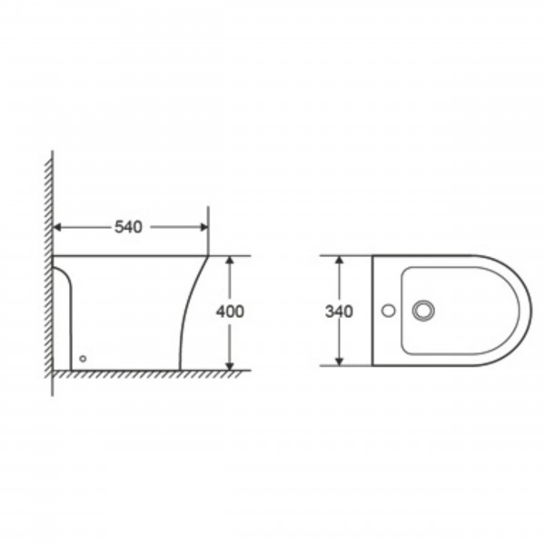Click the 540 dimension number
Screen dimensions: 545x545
click(128, 227)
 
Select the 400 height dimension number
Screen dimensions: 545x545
click(230, 312)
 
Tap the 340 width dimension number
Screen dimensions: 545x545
click(339, 312)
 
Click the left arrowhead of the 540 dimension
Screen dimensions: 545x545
click(57, 227)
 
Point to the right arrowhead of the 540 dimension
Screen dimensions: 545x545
click(204, 227)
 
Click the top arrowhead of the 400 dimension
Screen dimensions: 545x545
click(230, 261)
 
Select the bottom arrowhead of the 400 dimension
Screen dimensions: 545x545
click(230, 366)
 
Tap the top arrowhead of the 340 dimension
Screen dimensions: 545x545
click(340, 261)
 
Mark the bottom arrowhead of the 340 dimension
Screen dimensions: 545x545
click(340, 362)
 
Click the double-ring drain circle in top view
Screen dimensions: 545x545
click(423, 311)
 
